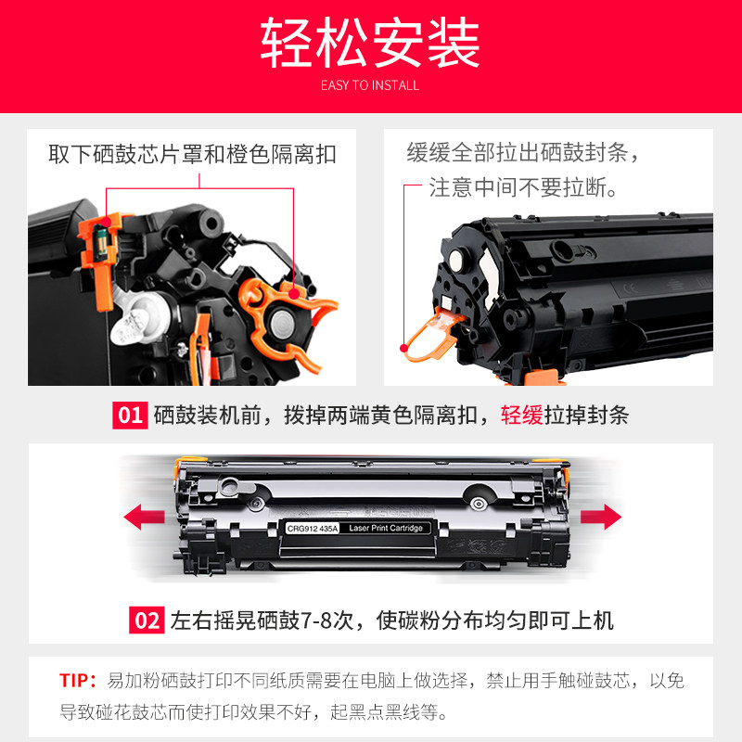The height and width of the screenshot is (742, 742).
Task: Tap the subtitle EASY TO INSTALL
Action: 370,85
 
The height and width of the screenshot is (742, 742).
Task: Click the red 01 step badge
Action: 130,415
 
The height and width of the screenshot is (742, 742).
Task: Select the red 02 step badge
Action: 147,620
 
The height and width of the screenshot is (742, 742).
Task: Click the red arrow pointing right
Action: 600,515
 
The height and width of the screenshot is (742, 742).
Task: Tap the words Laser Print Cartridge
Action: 387,528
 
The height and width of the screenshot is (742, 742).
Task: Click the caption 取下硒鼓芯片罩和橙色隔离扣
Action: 192,154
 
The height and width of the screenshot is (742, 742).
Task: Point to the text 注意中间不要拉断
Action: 522,188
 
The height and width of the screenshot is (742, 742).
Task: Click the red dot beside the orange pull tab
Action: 403,348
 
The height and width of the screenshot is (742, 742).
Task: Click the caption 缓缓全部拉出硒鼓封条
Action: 524,152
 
